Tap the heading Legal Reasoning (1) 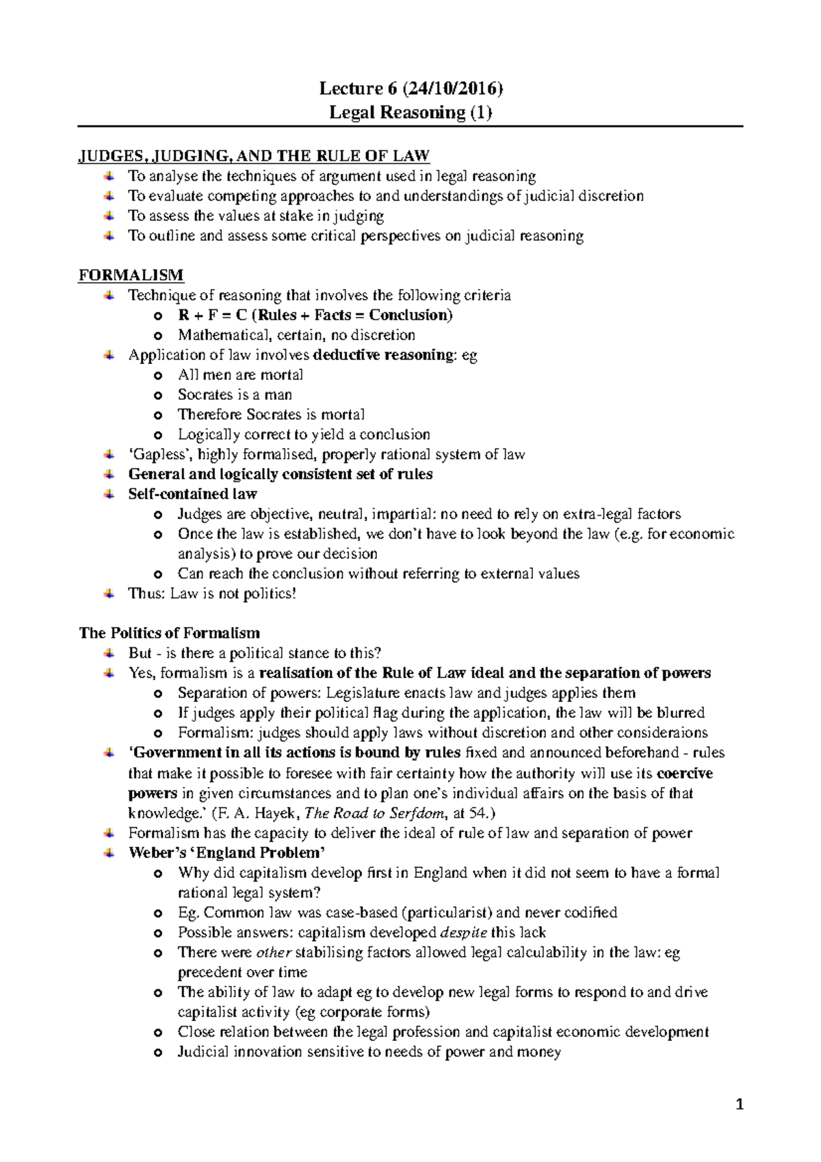[410, 112]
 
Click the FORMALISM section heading [131, 275]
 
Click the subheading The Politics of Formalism [170, 633]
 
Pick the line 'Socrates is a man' [235, 395]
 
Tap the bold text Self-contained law [192, 494]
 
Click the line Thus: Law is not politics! [212, 593]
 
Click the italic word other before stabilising [273, 952]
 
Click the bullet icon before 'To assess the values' [109, 216]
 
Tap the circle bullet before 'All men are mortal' [159, 376]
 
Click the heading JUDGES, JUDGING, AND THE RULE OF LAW [254, 156]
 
